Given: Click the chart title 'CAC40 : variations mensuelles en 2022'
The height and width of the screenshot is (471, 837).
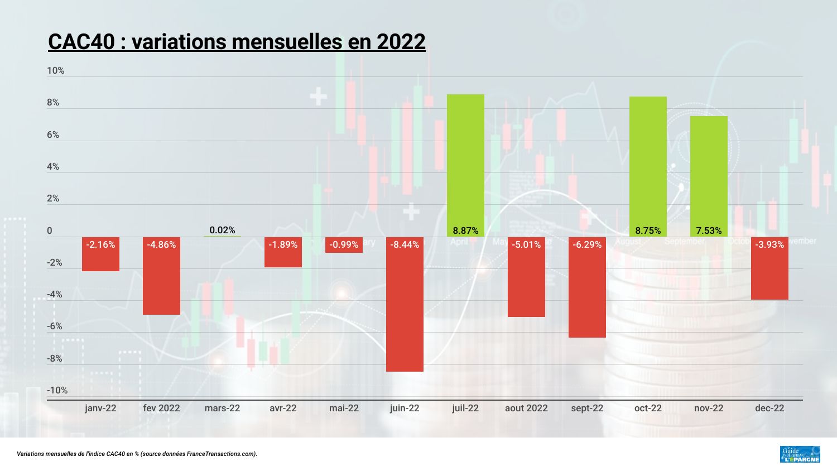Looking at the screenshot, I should [237, 41].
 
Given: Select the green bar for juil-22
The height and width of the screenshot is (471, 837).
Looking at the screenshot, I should [465, 162].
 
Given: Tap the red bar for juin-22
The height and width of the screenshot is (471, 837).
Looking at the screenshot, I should [405, 313].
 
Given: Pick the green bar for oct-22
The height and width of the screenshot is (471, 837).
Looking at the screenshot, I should [648, 162].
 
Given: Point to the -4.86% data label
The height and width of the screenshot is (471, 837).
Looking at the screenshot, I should [161, 244].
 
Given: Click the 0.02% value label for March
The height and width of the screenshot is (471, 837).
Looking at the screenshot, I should [222, 230].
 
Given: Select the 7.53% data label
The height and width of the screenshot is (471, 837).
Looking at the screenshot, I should [709, 230].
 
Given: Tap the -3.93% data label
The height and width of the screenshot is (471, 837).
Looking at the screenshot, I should [769, 244].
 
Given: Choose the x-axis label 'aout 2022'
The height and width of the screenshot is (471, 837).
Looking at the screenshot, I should [526, 408].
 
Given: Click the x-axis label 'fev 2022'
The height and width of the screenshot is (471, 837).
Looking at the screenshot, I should [161, 408].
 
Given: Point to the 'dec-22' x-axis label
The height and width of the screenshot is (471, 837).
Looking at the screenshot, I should [769, 408].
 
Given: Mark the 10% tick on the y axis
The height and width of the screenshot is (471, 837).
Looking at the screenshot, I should [56, 71].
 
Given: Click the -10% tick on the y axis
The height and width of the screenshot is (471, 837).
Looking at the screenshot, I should [57, 390].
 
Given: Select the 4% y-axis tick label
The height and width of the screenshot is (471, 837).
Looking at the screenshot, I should [53, 166].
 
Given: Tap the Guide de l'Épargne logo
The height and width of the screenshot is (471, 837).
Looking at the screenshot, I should [800, 454].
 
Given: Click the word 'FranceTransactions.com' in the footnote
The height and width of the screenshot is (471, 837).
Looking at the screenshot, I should [221, 454].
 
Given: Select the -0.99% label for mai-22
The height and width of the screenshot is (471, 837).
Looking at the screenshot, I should [344, 244].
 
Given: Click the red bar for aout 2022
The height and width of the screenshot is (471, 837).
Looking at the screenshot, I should [526, 285].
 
